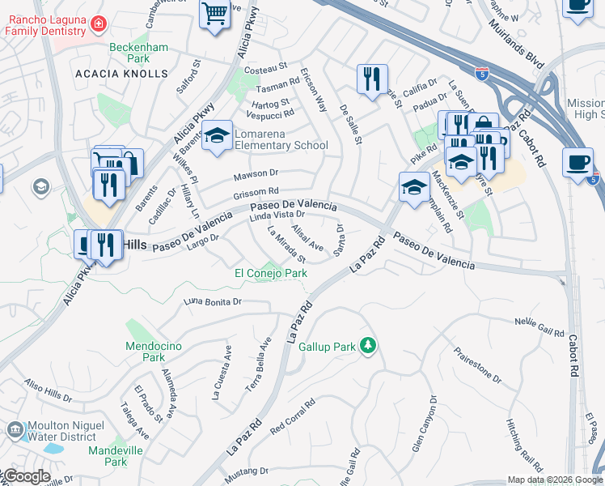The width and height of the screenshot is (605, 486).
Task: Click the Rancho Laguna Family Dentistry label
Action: coord(45,25)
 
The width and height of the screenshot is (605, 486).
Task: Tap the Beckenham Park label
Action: coord(139,53)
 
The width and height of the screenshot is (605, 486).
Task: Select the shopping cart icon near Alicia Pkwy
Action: coord(214,13)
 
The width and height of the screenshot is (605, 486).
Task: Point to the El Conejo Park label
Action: coord(271,273)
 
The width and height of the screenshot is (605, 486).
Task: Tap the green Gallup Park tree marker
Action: coord(369,346)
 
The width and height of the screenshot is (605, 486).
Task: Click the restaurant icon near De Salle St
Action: coord(372,79)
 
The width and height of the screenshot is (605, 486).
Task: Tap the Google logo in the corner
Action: coord(26,476)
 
